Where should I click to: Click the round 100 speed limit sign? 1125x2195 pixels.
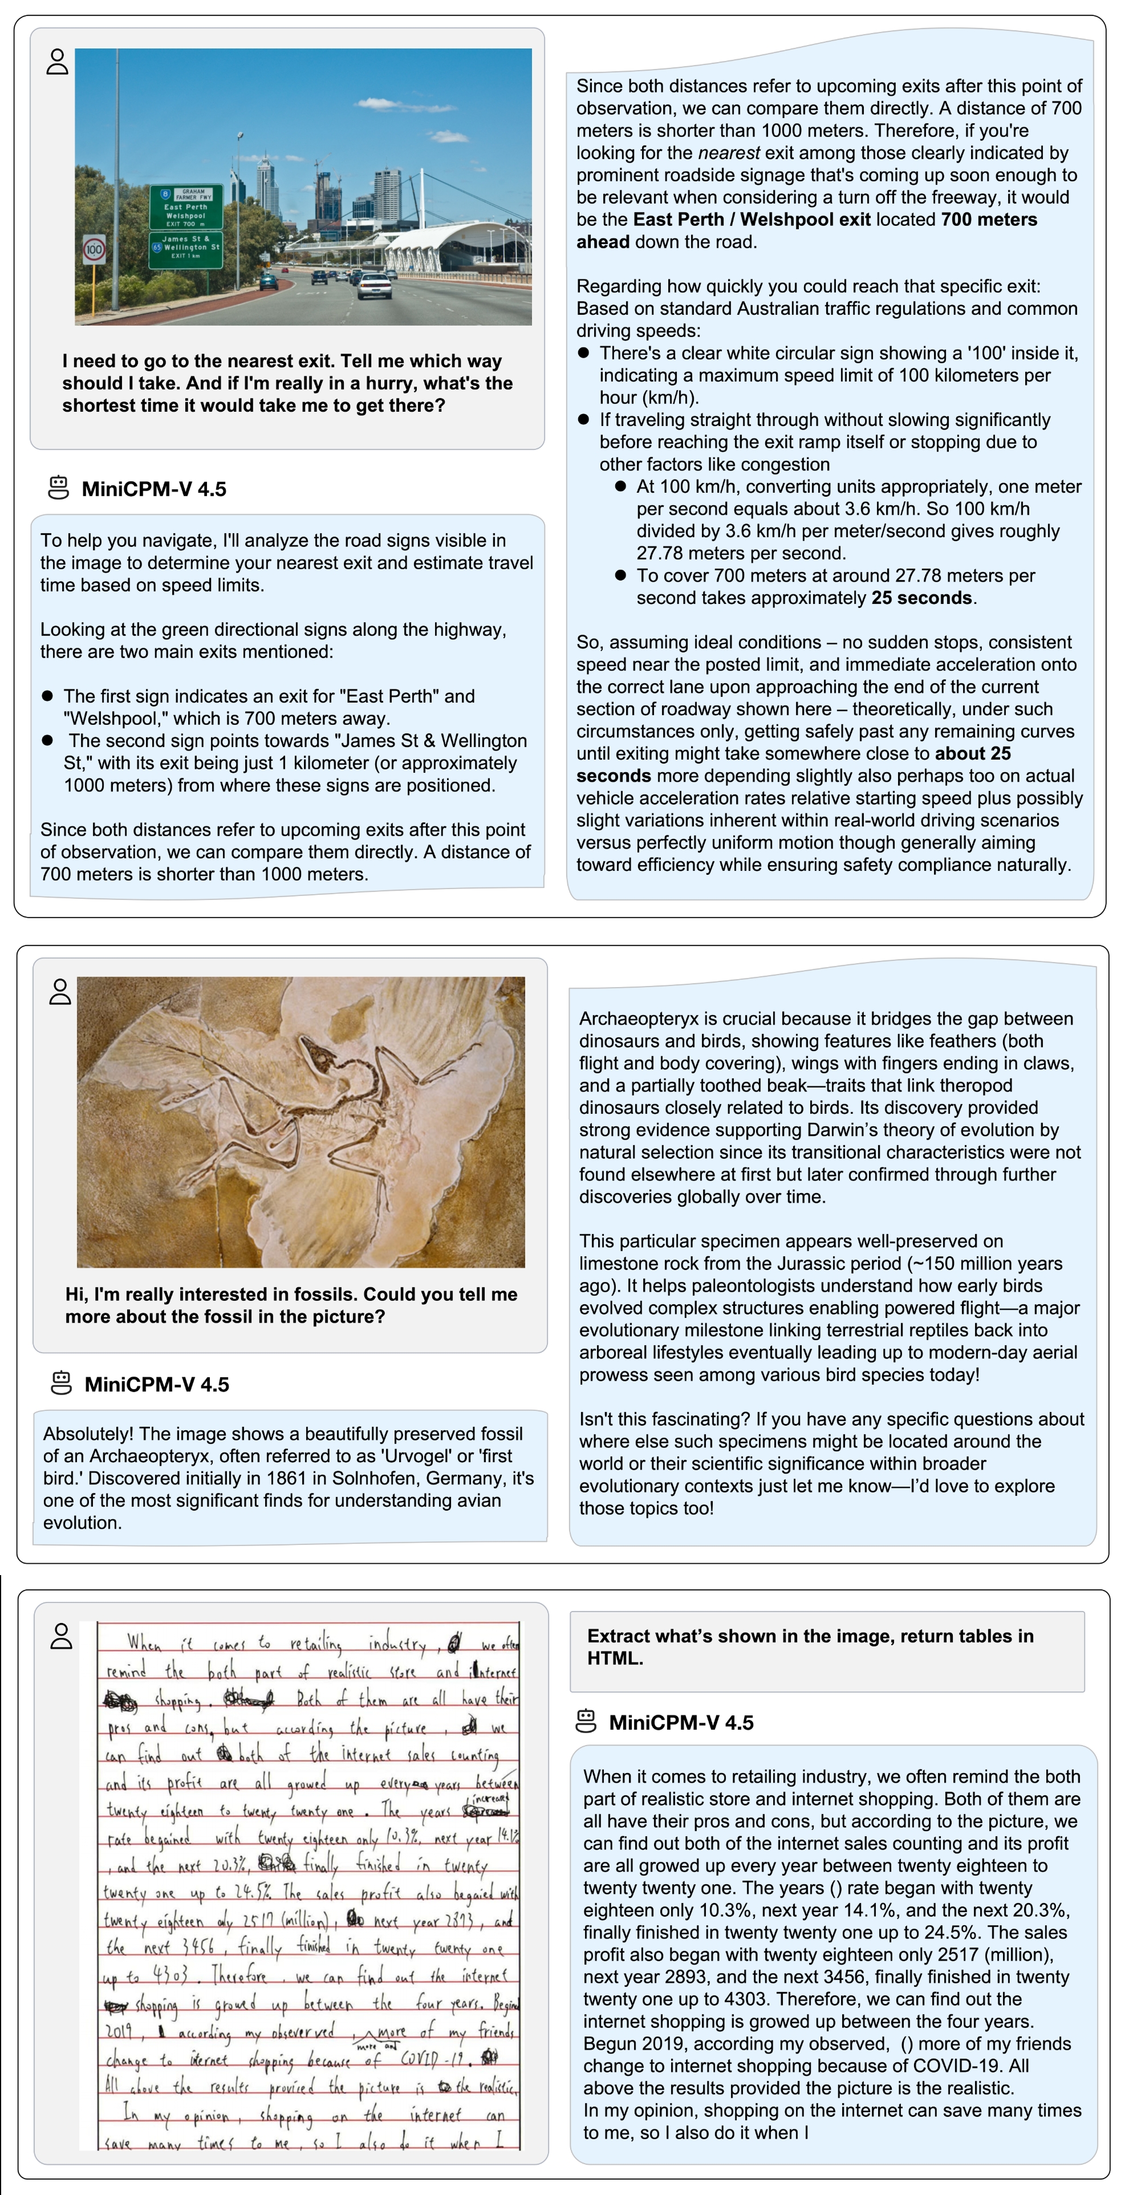click(94, 250)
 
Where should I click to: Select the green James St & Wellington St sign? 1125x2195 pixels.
click(186, 248)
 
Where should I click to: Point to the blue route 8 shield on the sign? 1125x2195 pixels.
click(166, 193)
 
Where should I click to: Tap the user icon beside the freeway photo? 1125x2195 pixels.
click(57, 62)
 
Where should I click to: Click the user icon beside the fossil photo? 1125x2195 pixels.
click(60, 991)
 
